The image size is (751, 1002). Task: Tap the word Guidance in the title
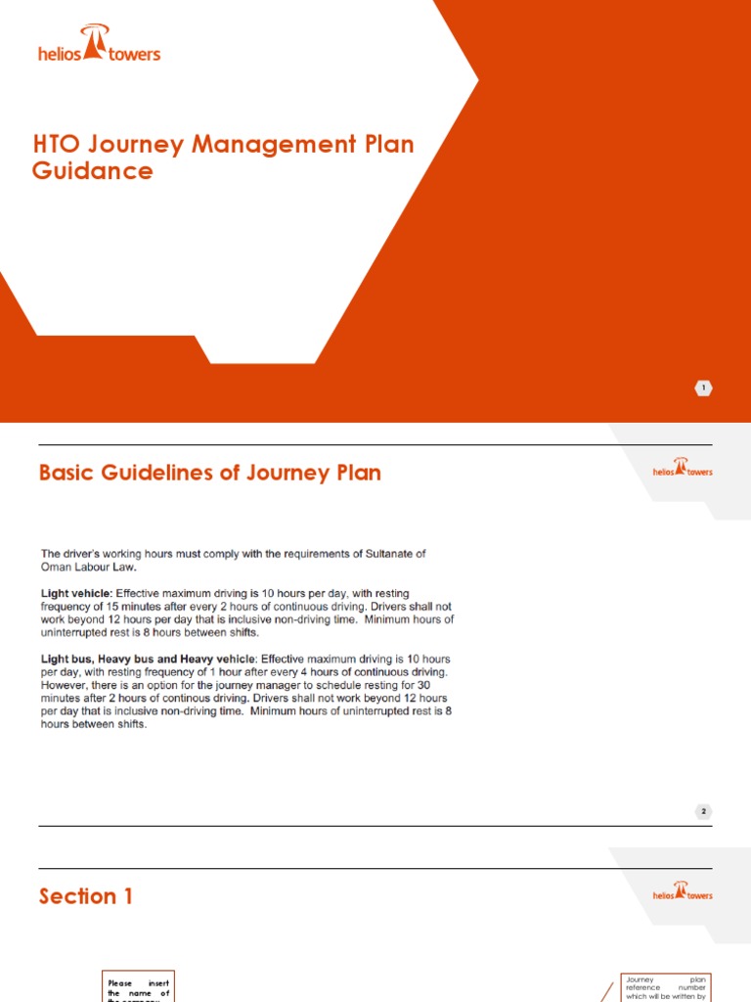tap(93, 171)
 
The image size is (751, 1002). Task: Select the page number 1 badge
tap(704, 388)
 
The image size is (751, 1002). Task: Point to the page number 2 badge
tap(704, 811)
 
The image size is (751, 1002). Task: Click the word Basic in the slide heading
tap(70, 474)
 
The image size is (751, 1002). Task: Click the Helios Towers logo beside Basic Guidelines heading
tap(683, 469)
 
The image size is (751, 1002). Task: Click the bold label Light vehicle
tap(76, 593)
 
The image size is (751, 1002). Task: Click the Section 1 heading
tap(86, 896)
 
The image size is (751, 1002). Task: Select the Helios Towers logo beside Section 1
tap(683, 892)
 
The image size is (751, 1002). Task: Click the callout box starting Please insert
tap(138, 986)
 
